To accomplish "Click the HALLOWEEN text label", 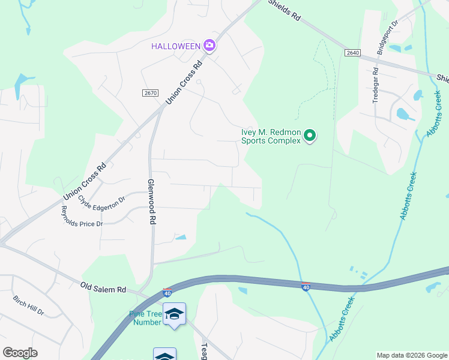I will click(x=175, y=46).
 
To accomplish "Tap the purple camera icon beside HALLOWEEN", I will click(x=209, y=46).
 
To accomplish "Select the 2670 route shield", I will click(x=150, y=92).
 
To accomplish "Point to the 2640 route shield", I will click(x=352, y=53).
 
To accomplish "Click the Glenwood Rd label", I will click(x=152, y=201).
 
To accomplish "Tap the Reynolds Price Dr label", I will click(x=82, y=217).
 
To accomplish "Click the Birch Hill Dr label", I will click(x=28, y=305).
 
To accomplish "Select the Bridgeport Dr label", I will click(x=387, y=38).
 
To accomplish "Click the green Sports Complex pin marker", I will click(x=310, y=136).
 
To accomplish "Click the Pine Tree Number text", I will click(x=146, y=318).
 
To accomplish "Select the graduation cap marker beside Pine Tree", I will click(x=174, y=314).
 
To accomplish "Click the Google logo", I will click(x=20, y=353).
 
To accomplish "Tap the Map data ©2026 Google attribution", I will click(x=411, y=355).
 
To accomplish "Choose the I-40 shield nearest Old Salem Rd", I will click(x=167, y=293).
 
